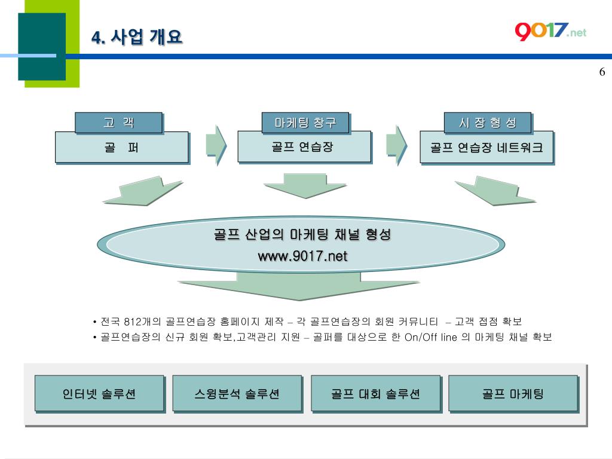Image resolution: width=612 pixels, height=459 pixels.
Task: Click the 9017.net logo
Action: tap(550, 30)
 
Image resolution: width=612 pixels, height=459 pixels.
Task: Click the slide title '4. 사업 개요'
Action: tap(137, 37)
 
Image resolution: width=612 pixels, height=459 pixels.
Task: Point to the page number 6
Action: tap(602, 72)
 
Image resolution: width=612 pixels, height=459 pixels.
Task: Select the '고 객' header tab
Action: tap(118, 123)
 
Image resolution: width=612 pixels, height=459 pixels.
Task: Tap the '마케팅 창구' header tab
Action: tap(305, 123)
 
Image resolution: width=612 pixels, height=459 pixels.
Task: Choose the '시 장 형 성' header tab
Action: tap(487, 123)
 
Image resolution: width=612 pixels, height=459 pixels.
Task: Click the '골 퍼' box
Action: tap(122, 148)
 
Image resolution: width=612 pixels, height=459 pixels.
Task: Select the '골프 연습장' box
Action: tap(304, 147)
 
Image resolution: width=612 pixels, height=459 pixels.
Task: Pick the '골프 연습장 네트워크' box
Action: tap(486, 148)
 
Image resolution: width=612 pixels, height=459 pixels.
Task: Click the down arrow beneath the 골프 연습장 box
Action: tap(305, 185)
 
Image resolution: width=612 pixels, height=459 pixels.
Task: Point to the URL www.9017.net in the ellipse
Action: tap(302, 256)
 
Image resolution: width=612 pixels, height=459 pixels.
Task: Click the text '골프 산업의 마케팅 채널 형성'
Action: tap(302, 235)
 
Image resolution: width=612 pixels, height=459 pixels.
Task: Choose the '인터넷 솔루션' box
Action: tap(99, 394)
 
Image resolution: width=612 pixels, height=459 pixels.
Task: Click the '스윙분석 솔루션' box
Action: tap(237, 394)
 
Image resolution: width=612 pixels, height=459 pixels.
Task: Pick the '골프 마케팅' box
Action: tap(513, 394)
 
